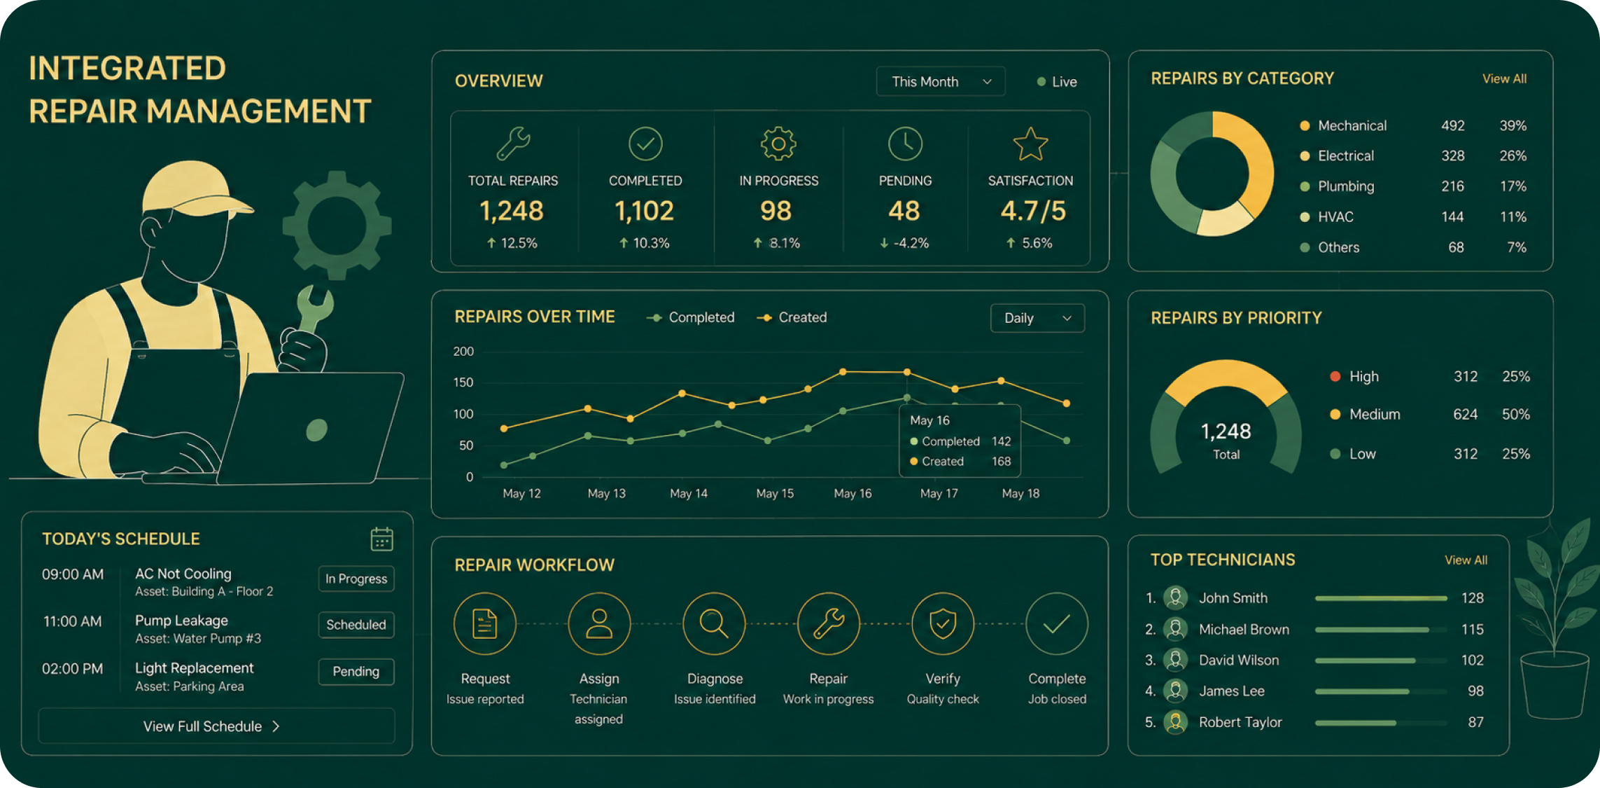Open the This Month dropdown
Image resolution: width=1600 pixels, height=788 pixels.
(941, 81)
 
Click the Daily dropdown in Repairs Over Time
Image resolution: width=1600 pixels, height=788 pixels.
(1037, 318)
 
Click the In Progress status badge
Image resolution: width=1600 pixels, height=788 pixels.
(356, 579)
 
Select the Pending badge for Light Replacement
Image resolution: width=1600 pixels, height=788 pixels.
(356, 671)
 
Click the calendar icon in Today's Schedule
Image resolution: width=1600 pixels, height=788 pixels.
(381, 539)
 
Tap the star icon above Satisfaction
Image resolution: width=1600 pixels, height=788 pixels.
(1030, 144)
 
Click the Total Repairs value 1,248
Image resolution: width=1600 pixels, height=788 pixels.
(512, 211)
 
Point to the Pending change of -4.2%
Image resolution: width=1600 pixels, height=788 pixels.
(904, 243)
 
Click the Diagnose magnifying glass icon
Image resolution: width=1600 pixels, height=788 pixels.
(714, 623)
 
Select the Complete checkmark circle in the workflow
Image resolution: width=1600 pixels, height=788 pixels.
(1057, 623)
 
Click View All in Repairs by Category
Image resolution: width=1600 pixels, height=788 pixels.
(1504, 78)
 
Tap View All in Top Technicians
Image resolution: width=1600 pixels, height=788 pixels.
(1466, 560)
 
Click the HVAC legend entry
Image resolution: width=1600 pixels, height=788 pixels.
(1327, 216)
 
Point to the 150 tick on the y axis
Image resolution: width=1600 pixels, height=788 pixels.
(463, 382)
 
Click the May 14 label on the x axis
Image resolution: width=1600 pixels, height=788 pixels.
(689, 493)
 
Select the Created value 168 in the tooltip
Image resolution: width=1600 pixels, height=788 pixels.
(1002, 461)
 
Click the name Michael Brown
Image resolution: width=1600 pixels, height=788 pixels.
(1244, 629)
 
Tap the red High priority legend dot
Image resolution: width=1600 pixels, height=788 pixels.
(1335, 376)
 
